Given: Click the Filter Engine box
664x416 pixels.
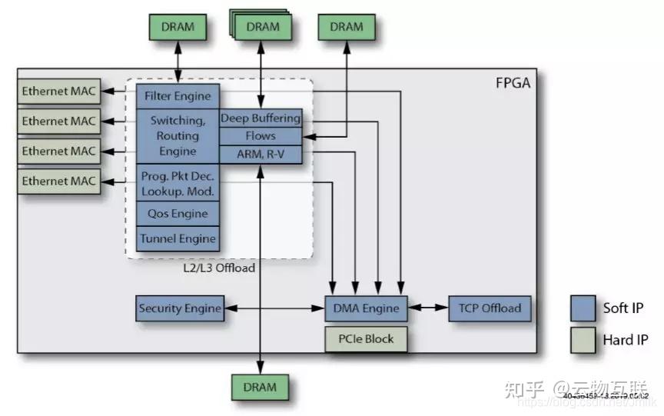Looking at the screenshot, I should (x=178, y=97).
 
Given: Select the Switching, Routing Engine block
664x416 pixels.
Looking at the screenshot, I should (x=178, y=135).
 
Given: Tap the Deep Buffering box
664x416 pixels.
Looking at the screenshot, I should (x=261, y=118).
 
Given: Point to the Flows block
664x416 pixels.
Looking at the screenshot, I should (x=261, y=136).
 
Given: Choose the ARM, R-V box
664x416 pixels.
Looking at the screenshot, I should (x=261, y=154).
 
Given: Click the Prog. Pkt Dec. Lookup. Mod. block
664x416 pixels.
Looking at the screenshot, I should (x=178, y=183).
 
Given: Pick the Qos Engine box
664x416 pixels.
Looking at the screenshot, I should (x=178, y=214).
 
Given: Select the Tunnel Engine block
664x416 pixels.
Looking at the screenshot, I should (x=178, y=238).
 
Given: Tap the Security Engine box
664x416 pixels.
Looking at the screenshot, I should (x=179, y=308).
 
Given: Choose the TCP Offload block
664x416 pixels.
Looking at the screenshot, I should (x=490, y=308).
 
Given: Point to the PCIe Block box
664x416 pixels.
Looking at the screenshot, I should (x=365, y=338).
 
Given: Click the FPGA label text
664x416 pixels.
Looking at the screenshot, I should (x=513, y=82).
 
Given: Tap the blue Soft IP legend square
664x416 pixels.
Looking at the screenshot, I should (x=584, y=308).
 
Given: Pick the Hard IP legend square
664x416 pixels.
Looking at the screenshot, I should (x=584, y=339).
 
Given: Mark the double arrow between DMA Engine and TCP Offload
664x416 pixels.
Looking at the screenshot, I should (x=427, y=308).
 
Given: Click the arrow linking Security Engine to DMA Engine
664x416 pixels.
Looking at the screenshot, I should (x=274, y=308).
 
